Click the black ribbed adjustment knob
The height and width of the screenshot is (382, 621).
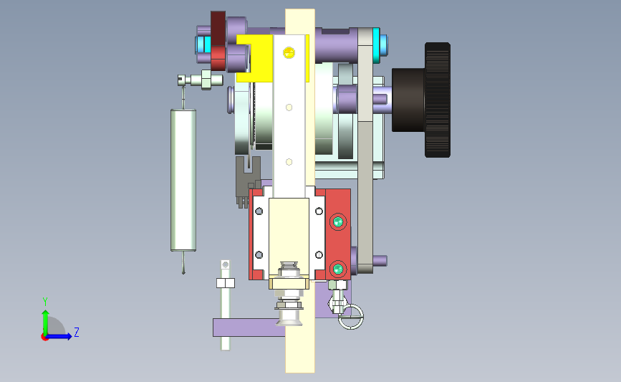tap(421, 100)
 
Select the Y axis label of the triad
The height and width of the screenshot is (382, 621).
tap(45, 302)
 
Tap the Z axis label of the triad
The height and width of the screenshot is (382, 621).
tap(77, 332)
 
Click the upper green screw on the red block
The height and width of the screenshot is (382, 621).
tap(338, 222)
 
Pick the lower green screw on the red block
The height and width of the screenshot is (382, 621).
tap(338, 269)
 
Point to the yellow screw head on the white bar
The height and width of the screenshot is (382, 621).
tap(289, 52)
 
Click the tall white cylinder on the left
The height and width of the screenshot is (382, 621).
tap(183, 181)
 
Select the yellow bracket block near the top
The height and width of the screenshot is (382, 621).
tap(254, 58)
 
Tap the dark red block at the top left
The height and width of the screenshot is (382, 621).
tap(218, 41)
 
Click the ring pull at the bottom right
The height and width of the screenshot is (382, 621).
tap(351, 317)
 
